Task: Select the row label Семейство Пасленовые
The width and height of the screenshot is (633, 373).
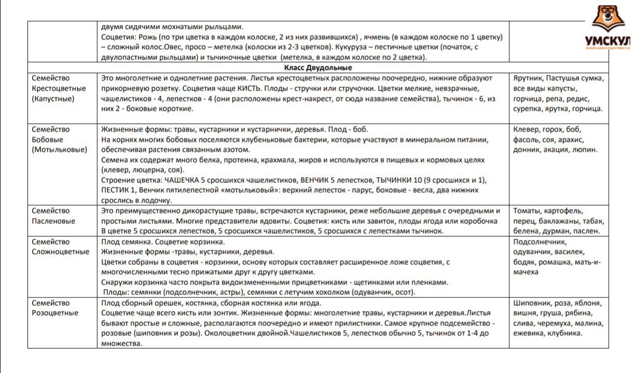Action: (53, 216)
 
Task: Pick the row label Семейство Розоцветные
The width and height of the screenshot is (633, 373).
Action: (55, 308)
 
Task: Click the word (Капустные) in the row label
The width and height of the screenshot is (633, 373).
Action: (53, 98)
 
